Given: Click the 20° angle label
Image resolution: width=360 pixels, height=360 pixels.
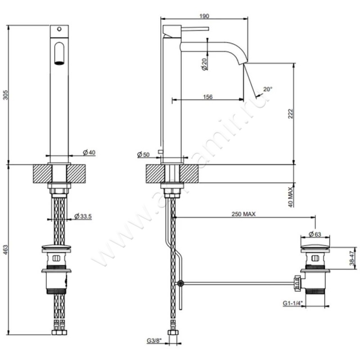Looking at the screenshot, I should point(268,89).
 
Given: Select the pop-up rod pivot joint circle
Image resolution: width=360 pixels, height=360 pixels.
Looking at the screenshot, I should point(180,283).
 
